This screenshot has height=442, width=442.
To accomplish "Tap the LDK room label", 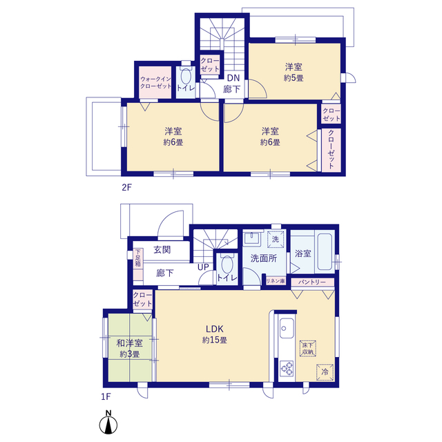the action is pyautogui.click(x=215, y=329).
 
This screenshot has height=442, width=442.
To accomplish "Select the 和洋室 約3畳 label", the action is pyautogui.click(x=130, y=348).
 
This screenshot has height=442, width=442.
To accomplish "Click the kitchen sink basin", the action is pyautogui.click(x=287, y=328).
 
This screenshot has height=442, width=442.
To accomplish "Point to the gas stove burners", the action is pyautogui.click(x=287, y=369).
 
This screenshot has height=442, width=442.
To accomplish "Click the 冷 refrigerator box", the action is pyautogui.click(x=325, y=372).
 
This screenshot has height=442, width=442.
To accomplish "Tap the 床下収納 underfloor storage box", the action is pyautogui.click(x=307, y=348).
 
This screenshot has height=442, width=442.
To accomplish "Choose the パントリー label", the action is pyautogui.click(x=312, y=282).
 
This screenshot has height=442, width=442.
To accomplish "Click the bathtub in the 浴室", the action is pyautogui.click(x=325, y=251).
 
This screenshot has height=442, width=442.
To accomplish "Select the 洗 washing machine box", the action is pyautogui.click(x=276, y=240).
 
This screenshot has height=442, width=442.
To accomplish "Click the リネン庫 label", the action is pyautogui.click(x=276, y=281).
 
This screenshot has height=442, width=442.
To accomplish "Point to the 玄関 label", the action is pyautogui.click(x=162, y=250).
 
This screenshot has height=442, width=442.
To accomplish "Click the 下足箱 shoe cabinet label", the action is pyautogui.click(x=137, y=258).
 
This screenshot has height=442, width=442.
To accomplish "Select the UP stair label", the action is pyautogui.click(x=203, y=267).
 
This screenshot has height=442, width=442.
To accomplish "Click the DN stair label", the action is pyautogui.click(x=233, y=78).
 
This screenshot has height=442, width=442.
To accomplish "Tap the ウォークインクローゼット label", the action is pyautogui.click(x=155, y=83).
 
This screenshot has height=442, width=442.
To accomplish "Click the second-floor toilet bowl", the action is pyautogui.click(x=186, y=76).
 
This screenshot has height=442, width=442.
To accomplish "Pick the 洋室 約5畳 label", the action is pyautogui.click(x=294, y=73).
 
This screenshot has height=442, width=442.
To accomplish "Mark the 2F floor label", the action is pyautogui.click(x=127, y=187).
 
